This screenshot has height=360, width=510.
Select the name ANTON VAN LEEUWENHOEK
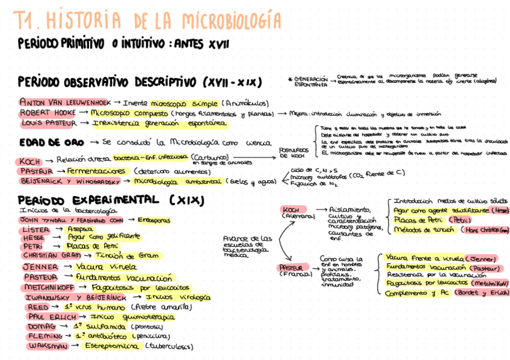[x=64, y=102]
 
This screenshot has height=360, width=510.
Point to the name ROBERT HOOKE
[x=48, y=112]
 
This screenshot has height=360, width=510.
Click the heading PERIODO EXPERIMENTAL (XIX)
[x=111, y=200]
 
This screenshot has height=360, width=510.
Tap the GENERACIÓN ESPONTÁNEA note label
[x=311, y=82]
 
